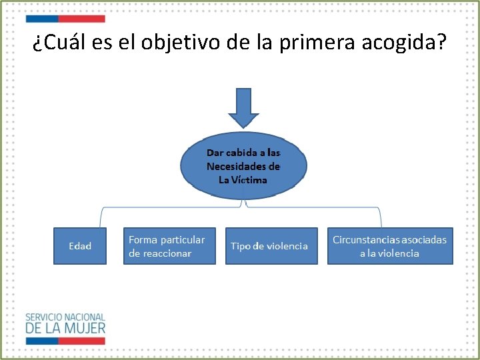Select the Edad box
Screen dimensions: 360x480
[80, 246]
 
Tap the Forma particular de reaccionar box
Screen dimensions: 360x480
[169, 246]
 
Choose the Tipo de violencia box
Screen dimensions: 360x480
[269, 246]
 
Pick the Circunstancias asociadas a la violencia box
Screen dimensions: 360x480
[390, 246]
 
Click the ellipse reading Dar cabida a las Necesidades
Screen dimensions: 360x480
[243, 166]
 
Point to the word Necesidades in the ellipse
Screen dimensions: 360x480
[243, 167]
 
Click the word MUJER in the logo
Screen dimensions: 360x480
[85, 328]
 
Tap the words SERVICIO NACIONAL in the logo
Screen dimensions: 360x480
[65, 317]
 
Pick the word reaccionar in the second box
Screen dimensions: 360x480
[160, 253]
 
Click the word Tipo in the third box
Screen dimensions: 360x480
[241, 246]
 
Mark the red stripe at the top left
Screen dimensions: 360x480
[81, 19]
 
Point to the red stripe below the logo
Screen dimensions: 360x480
[81, 341]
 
